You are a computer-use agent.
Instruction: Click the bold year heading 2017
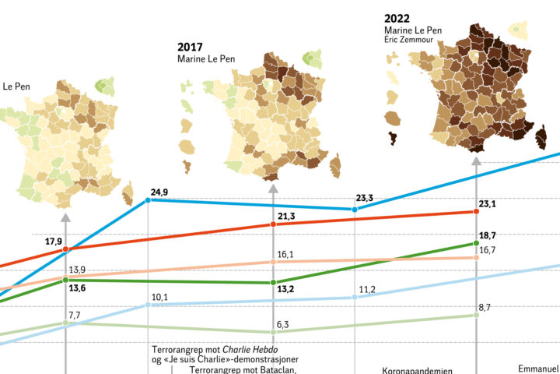coord(190,47)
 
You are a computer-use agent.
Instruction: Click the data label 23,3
coord(364,198)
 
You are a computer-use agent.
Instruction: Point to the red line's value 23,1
coord(487,203)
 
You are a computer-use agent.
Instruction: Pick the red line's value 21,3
coord(285,216)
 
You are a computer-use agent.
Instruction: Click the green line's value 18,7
coord(487,235)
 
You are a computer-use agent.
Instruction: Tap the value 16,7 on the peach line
coord(488,249)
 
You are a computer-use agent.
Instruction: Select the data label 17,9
coord(54,241)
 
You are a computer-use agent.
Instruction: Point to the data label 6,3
coord(284,324)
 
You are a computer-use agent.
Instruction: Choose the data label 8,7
coord(484,308)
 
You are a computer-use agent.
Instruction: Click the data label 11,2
coord(367,290)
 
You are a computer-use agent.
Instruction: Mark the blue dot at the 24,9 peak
coord(148,200)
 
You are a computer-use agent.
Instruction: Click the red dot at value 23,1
coord(476,211)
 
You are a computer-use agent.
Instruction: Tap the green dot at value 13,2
coord(272,282)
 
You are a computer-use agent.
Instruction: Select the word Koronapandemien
coord(417,371)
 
